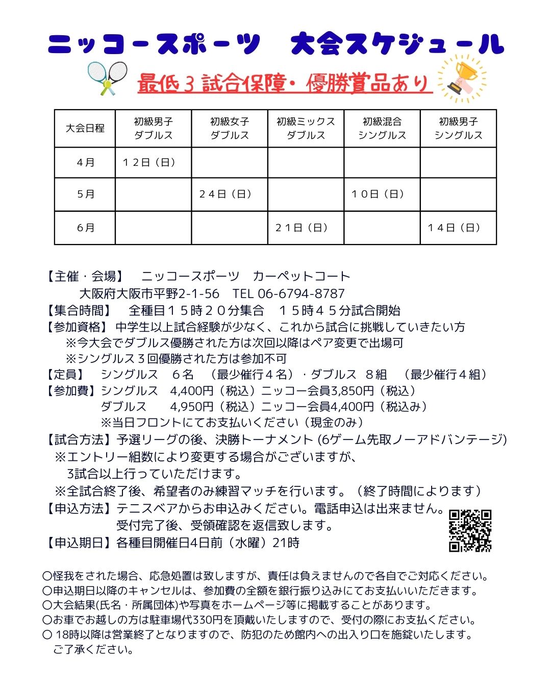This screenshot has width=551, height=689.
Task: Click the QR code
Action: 470,531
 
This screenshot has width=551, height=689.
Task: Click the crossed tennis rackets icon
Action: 107,78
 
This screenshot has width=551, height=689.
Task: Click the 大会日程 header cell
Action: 85,129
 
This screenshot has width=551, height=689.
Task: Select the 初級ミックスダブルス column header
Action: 306,129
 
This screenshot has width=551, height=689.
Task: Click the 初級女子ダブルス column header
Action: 230,129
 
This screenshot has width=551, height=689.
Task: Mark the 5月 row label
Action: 86,194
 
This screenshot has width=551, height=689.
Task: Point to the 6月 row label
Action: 86,228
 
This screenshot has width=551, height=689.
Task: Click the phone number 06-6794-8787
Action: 301,293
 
